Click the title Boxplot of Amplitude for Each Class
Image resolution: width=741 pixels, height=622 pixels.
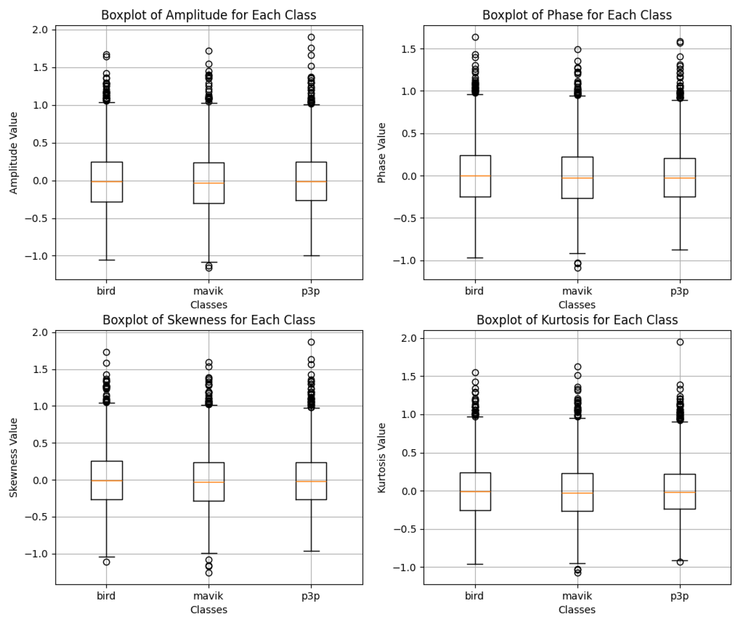pos(209,15)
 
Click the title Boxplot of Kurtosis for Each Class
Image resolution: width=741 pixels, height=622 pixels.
pos(577,320)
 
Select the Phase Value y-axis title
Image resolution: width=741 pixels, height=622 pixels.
pos(381,153)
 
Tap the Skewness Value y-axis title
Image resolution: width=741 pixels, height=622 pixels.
pos(13,458)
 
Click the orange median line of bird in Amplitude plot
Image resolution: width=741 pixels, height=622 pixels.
pos(106,181)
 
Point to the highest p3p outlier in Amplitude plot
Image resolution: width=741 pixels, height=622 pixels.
pos(311,37)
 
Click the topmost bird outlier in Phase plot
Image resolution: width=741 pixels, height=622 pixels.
pos(475,37)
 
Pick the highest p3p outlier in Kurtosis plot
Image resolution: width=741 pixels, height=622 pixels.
pos(680,342)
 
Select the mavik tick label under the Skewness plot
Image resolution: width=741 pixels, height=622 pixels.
pos(208,596)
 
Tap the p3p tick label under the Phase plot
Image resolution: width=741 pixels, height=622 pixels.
pos(679,291)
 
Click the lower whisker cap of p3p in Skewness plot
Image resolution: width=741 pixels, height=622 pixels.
pos(311,551)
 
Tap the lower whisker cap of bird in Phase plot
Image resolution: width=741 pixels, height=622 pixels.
pos(475,258)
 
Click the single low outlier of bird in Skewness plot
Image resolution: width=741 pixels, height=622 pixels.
pos(106,562)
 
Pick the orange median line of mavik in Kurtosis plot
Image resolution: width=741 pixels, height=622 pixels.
pos(577,493)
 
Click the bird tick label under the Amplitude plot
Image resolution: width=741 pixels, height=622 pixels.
pos(106,291)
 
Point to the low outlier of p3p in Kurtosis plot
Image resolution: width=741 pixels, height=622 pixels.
pos(680,562)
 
